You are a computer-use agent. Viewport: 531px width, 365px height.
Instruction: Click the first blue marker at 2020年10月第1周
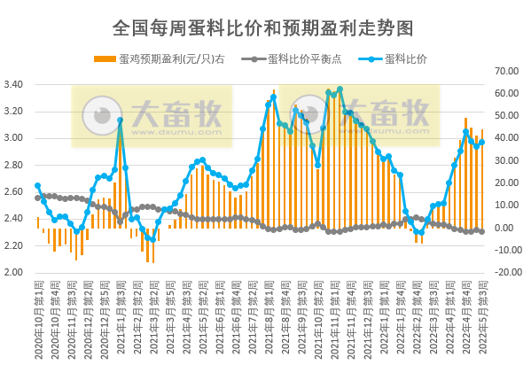click(37, 186)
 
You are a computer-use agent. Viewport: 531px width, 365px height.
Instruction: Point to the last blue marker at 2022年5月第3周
click(481, 142)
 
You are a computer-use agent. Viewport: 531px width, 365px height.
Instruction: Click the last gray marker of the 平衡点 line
click(481, 231)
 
